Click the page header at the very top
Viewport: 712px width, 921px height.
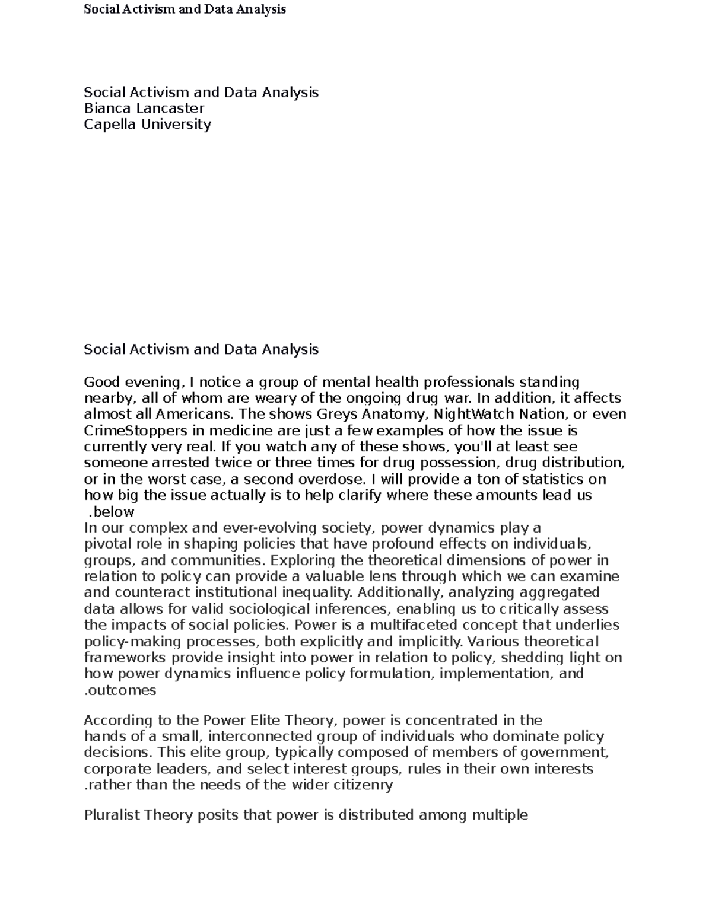(x=185, y=9)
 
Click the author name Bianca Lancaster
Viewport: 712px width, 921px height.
(x=144, y=108)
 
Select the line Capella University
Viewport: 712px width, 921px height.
(x=147, y=124)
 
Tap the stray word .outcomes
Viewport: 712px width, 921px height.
(x=120, y=690)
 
